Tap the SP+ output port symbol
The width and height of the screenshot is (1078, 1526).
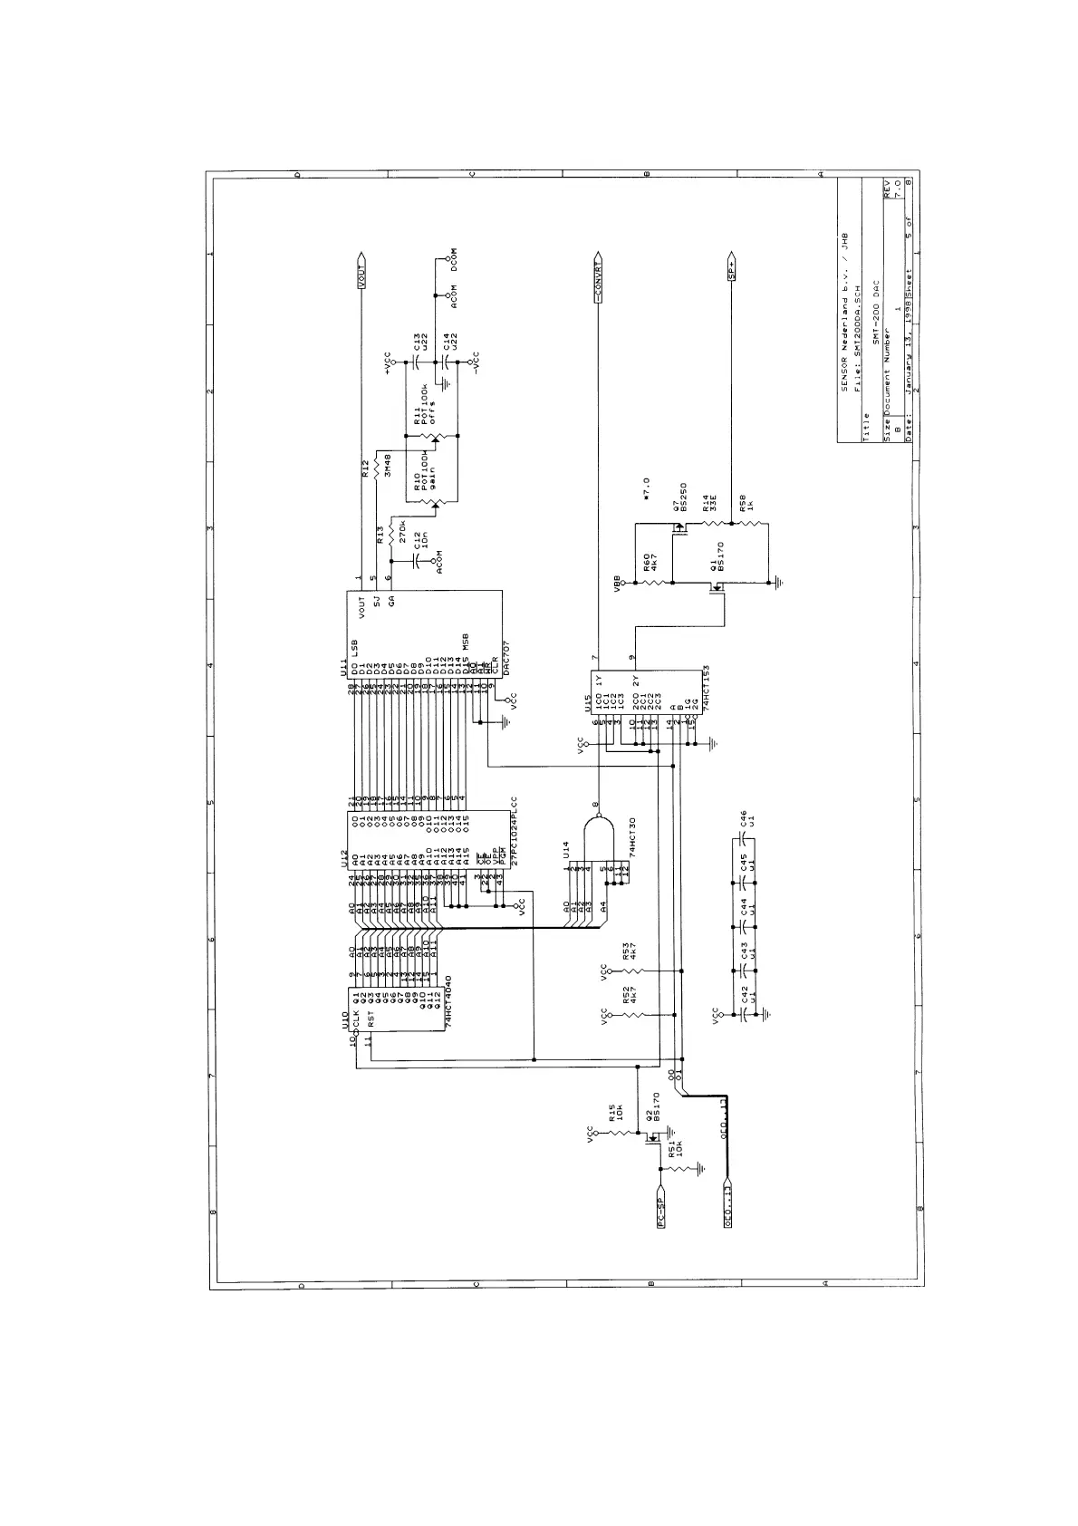pyautogui.click(x=731, y=269)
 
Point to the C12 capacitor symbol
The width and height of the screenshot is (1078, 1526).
pyautogui.click(x=414, y=559)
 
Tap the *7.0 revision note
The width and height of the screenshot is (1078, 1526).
pyautogui.click(x=646, y=489)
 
